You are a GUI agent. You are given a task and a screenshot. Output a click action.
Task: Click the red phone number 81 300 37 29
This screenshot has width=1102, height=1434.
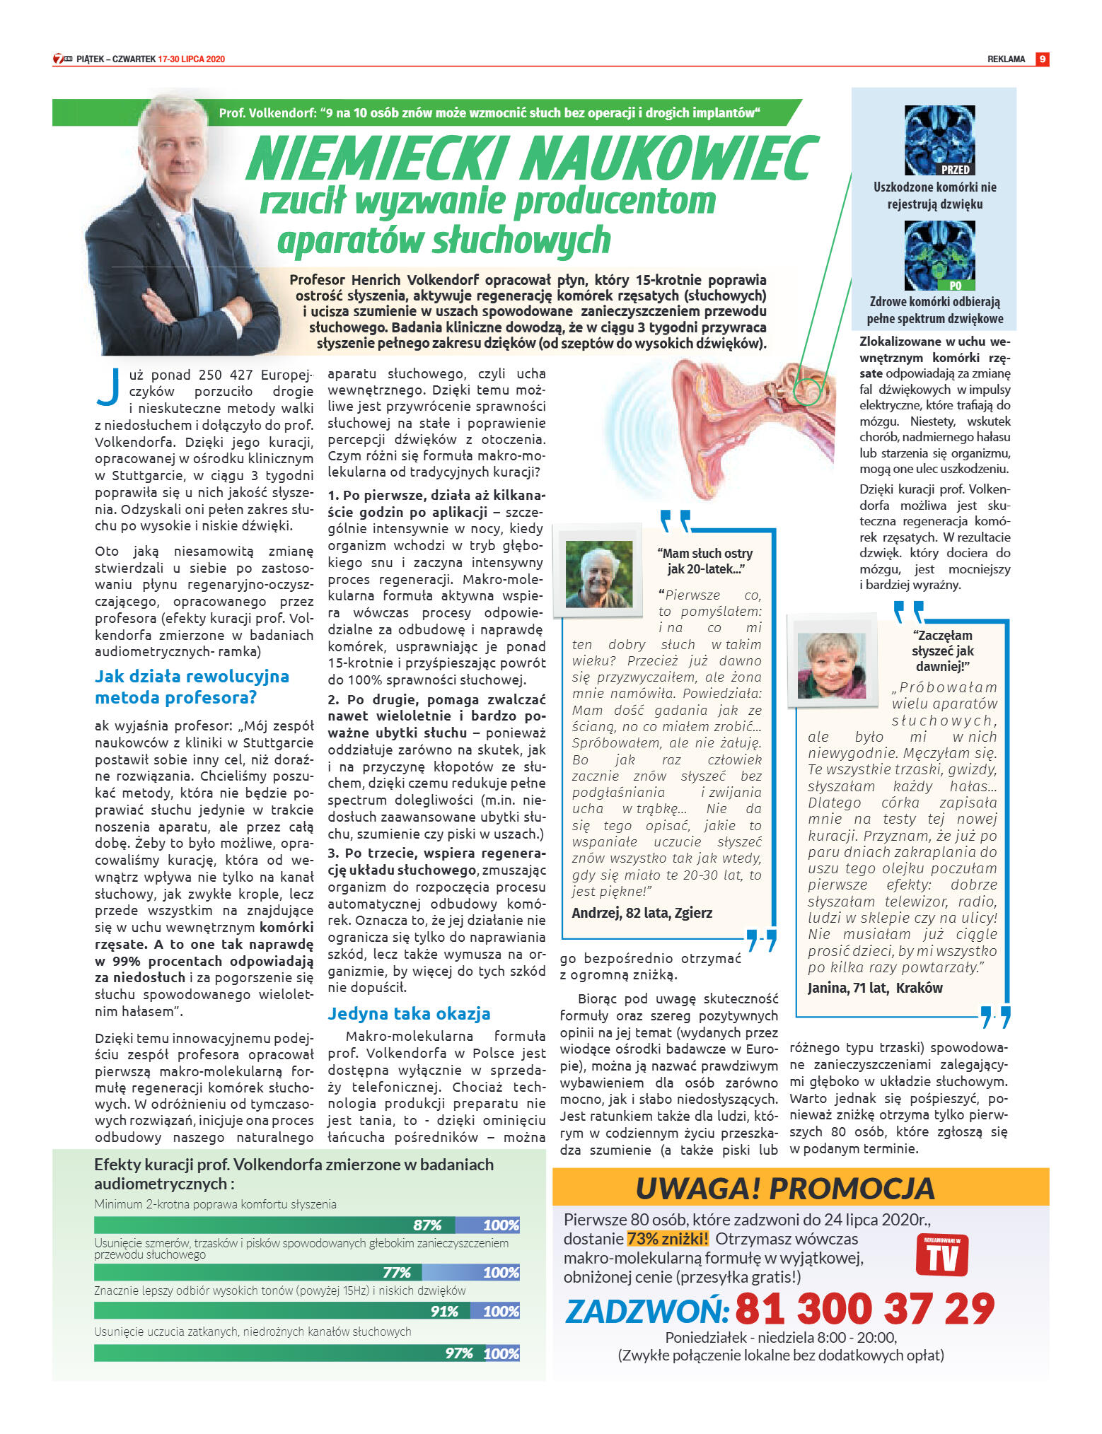[864, 1309]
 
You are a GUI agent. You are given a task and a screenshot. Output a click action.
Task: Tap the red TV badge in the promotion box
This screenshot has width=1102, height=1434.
[941, 1254]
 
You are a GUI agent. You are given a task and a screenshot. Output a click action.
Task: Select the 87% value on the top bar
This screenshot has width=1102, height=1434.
[427, 1225]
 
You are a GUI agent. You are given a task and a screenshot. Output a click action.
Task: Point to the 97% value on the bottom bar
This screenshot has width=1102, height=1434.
[458, 1353]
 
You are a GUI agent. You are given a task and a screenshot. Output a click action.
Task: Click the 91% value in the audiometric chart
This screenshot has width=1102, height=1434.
[444, 1311]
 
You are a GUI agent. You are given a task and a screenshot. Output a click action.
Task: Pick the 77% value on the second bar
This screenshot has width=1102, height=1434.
[397, 1272]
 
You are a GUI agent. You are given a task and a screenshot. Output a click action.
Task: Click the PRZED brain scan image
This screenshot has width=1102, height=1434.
[939, 140]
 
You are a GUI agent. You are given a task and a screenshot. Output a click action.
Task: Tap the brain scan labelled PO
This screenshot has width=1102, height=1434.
[939, 255]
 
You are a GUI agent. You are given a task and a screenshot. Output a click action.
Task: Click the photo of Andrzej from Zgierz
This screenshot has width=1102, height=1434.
[599, 574]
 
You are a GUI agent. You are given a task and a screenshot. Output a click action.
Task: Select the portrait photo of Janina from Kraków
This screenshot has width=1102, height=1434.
[831, 665]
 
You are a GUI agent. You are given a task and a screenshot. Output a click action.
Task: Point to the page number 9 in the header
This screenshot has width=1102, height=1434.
[1042, 59]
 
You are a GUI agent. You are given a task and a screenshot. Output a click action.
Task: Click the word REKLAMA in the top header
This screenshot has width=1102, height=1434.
[1006, 59]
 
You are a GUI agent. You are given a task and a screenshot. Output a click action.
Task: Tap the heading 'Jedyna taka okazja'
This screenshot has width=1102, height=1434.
[409, 1013]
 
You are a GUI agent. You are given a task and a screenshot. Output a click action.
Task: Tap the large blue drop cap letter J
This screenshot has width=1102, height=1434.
[108, 387]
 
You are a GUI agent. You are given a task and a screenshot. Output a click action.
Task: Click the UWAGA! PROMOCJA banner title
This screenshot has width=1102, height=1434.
[785, 1188]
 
